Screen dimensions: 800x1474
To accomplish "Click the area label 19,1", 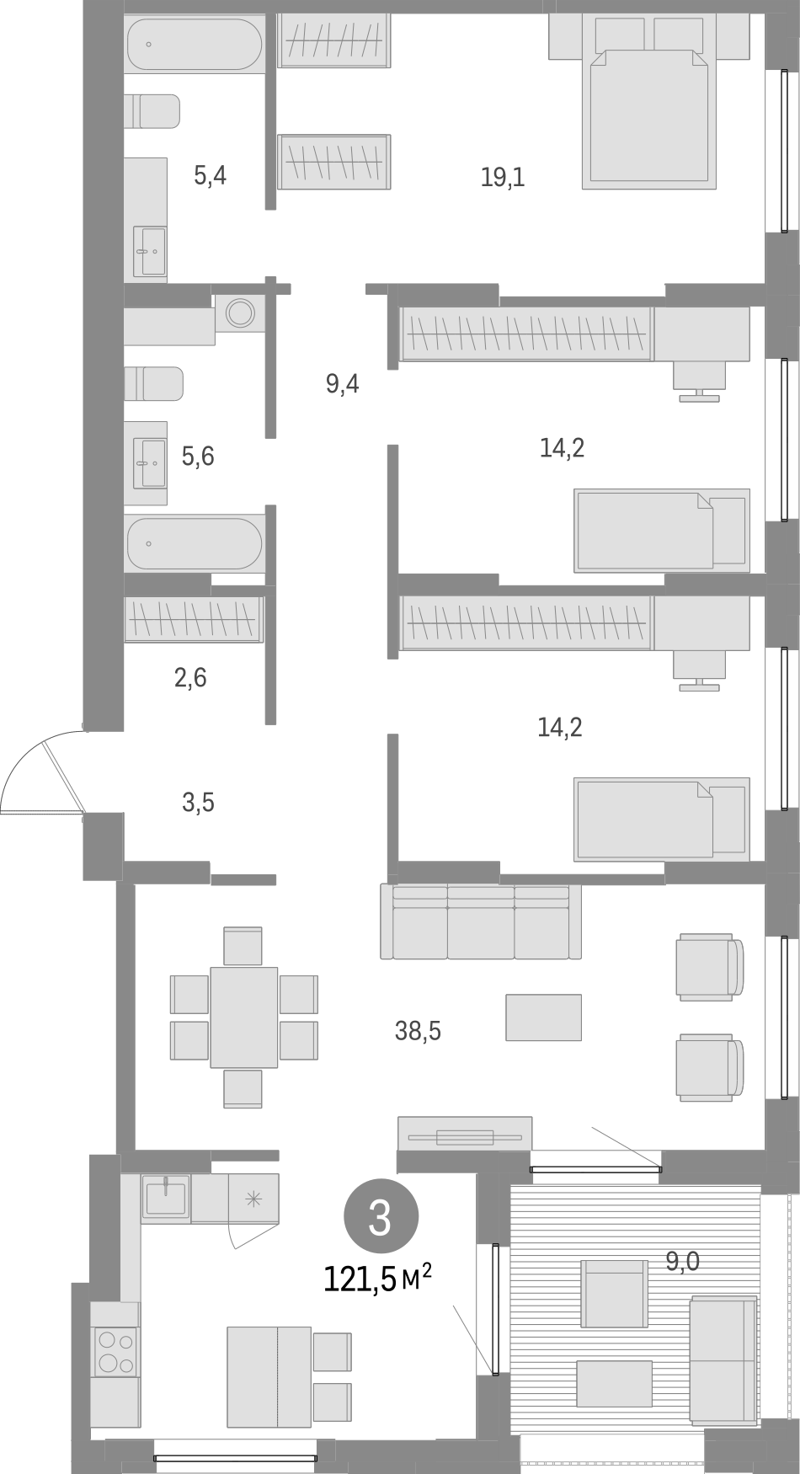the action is (x=503, y=178).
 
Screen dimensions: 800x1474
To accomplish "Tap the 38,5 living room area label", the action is (x=418, y=1030).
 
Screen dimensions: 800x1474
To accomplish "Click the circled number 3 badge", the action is (x=380, y=1219).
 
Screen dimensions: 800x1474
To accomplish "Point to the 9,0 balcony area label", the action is (x=682, y=1261).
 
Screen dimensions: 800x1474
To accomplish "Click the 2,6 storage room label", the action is (x=190, y=677).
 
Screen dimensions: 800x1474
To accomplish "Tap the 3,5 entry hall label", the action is (x=198, y=803).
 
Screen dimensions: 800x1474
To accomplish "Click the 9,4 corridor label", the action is (x=343, y=385).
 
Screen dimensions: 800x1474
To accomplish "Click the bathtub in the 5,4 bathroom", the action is (x=195, y=45).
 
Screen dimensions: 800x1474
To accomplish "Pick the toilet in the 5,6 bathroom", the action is (x=154, y=384).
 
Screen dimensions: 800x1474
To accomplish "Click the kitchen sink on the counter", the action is (x=166, y=1199).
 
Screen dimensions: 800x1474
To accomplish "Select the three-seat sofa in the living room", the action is (x=481, y=921).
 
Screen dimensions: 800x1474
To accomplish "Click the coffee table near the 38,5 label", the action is (x=543, y=1017).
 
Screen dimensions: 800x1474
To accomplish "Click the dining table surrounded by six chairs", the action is (x=244, y=1017).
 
